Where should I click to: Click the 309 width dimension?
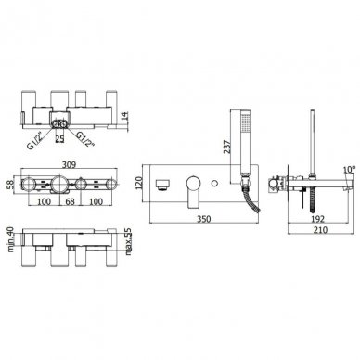coord(69,164)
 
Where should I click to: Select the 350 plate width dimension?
coord(204,219)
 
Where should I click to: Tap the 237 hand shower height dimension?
coord(226,148)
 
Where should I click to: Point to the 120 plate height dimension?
coord(138,183)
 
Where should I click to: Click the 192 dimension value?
coord(317,219)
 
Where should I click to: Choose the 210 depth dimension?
coord(320,230)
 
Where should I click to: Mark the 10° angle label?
coord(349,170)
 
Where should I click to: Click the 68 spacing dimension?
coord(71,201)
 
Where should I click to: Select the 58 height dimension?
coord(10,186)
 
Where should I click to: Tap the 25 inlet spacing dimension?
coord(59,139)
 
